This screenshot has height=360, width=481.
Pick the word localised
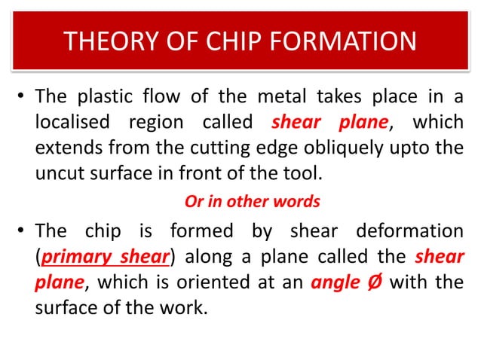tap(73, 123)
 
